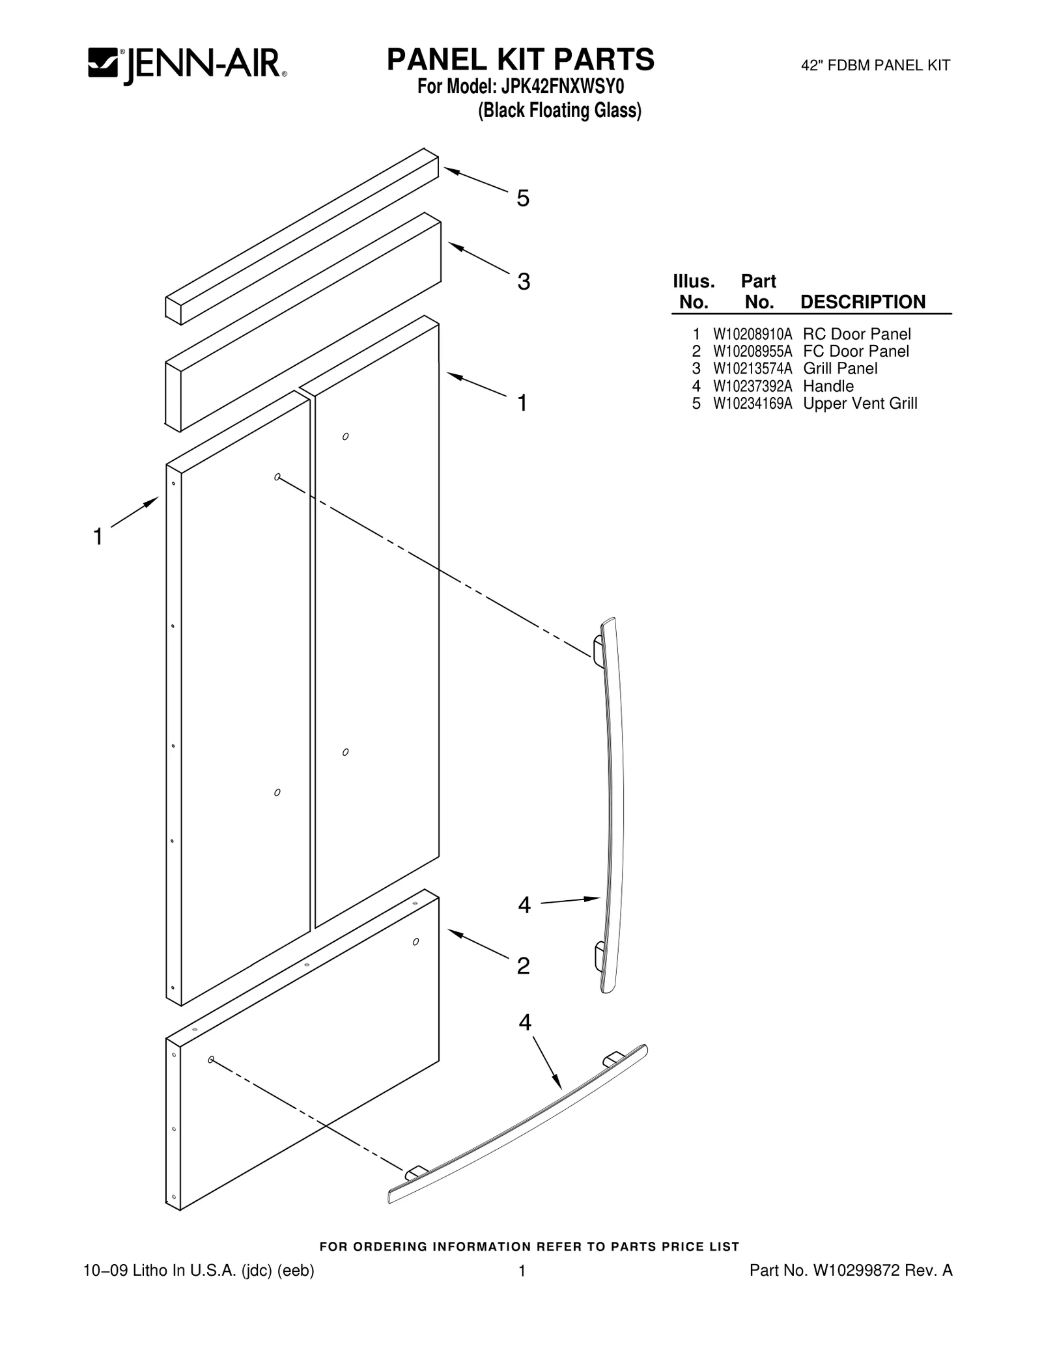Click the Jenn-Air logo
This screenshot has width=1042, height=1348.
pos(188,65)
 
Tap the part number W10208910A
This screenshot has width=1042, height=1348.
pos(752,335)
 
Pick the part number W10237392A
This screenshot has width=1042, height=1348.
pos(752,386)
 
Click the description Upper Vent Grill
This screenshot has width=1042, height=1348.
pos(860,404)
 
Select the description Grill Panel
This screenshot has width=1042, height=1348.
pos(840,368)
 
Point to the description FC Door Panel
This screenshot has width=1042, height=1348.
pos(856,351)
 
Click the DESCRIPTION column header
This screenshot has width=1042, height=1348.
pos(862,302)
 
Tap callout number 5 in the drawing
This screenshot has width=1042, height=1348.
pos(523,199)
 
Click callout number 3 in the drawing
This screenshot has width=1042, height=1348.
pos(524,281)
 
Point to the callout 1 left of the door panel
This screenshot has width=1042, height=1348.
pos(98,537)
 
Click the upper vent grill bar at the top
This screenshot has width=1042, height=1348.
pos(302,236)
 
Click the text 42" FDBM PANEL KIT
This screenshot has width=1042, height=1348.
pos(875,66)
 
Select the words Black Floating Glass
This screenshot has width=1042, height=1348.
pos(560,111)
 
